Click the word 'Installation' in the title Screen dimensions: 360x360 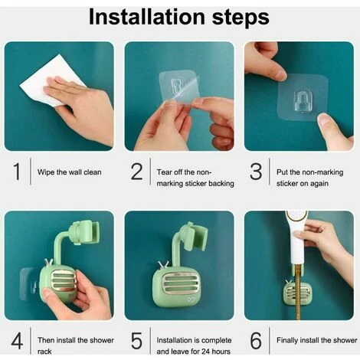pyautogui.click(x=147, y=17)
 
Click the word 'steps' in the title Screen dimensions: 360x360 pyautogui.click(x=241, y=18)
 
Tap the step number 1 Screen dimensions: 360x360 pyautogui.click(x=17, y=171)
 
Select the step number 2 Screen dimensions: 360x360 pyautogui.click(x=136, y=172)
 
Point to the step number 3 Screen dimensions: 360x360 pyautogui.click(x=256, y=172)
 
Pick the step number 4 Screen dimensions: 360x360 pyautogui.click(x=17, y=341)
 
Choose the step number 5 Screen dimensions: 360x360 pyautogui.click(x=136, y=341)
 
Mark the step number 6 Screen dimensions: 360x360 pyautogui.click(x=256, y=341)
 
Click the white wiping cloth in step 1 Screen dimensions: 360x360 pyautogui.click(x=51, y=79)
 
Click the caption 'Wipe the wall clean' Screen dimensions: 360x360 pyautogui.click(x=69, y=172)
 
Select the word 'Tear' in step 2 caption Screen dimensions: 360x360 pyautogui.click(x=164, y=172)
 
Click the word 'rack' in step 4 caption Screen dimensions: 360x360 pyautogui.click(x=44, y=352)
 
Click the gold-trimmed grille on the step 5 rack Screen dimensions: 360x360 pyautogui.click(x=178, y=283)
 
